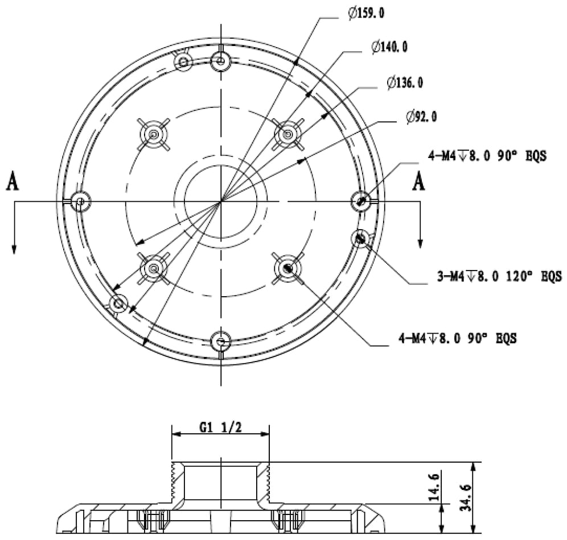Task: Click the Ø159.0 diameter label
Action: click(x=366, y=13)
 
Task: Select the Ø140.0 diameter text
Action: click(x=389, y=47)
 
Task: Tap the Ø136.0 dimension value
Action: click(x=405, y=83)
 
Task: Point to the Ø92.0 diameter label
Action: click(x=422, y=117)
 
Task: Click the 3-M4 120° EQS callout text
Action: click(x=499, y=277)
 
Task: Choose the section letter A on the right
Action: click(x=419, y=182)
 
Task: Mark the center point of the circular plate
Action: click(x=220, y=201)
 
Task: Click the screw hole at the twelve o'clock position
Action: click(x=220, y=60)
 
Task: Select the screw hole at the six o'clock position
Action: click(x=220, y=342)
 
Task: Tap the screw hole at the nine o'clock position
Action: click(x=80, y=201)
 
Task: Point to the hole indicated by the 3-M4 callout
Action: click(x=360, y=239)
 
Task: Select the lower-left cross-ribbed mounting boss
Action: click(x=154, y=268)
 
